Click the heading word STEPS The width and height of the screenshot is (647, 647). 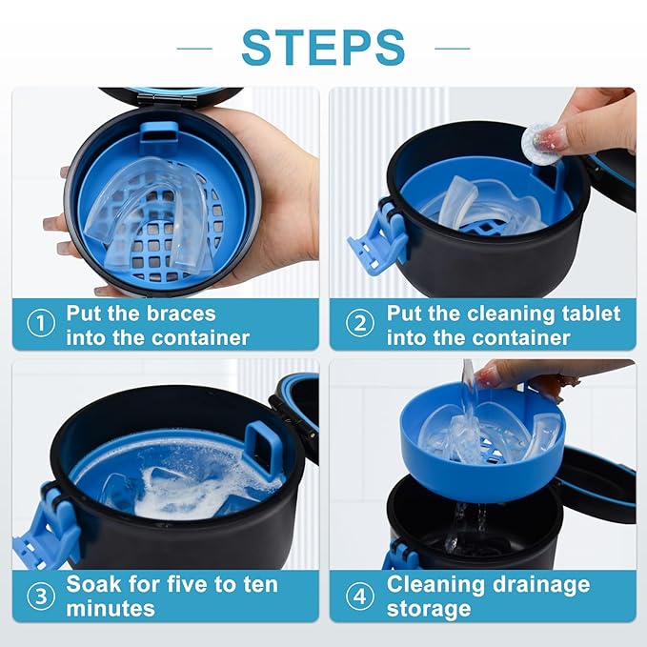click(323, 46)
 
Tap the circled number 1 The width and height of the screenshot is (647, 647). click(40, 325)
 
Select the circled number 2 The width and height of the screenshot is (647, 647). click(359, 325)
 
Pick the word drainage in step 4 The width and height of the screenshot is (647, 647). click(536, 583)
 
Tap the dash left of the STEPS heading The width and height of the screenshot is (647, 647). click(194, 47)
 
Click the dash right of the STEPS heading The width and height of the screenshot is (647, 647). click(452, 47)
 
